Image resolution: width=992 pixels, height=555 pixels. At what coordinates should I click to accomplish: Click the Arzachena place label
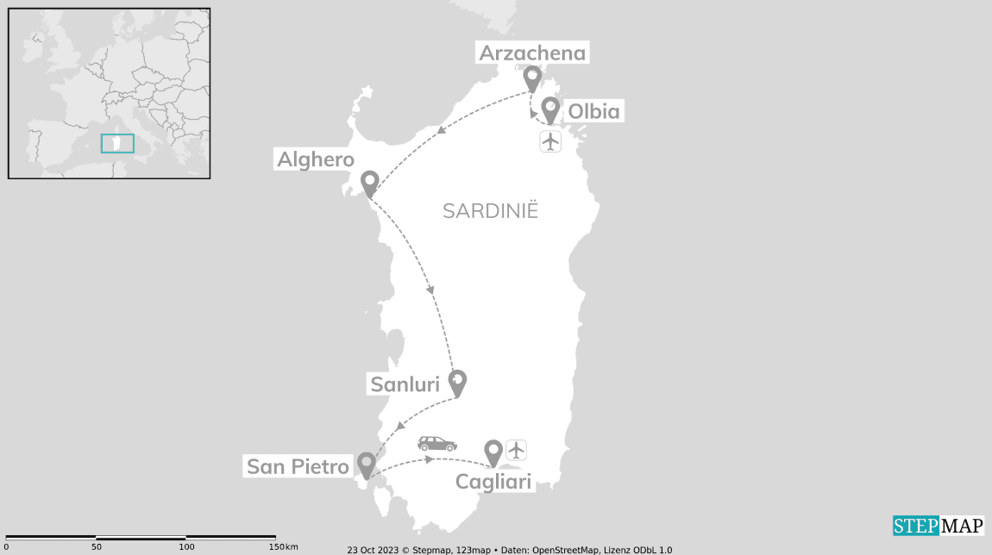(532, 53)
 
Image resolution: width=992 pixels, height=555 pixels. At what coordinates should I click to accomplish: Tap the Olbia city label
(593, 111)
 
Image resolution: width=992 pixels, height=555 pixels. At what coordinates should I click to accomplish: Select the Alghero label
(316, 159)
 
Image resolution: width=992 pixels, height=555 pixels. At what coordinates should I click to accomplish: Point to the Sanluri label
(405, 384)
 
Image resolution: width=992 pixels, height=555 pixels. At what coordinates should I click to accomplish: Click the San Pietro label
(298, 467)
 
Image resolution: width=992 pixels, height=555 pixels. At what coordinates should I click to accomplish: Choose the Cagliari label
(493, 482)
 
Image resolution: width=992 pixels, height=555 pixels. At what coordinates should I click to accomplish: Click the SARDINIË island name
(490, 211)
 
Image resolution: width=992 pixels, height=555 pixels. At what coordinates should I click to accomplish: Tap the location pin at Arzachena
(533, 78)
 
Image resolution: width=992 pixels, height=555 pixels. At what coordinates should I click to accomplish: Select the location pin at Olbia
(550, 109)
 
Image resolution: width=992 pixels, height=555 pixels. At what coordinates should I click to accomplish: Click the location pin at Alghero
(370, 183)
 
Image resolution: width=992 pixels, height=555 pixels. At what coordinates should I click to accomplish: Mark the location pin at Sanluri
(458, 381)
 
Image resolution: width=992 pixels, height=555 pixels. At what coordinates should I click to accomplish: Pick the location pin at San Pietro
(367, 465)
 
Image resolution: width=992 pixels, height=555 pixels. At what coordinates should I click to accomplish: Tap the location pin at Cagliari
(493, 452)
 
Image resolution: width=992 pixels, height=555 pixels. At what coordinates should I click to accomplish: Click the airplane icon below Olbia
(550, 141)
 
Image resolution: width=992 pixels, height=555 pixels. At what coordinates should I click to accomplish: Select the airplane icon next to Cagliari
(516, 450)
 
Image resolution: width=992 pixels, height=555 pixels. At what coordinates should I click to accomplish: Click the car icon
(437, 444)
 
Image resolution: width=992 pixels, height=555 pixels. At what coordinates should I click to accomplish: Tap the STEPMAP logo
(938, 526)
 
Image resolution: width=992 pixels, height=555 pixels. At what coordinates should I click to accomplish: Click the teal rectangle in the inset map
(117, 143)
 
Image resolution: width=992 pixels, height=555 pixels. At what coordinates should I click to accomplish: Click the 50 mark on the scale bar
(97, 546)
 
